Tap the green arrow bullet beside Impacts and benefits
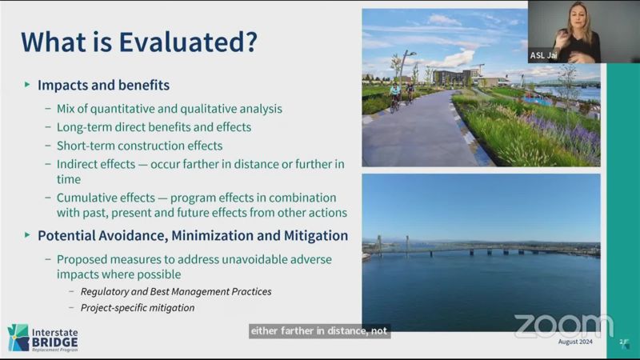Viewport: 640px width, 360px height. [27, 85]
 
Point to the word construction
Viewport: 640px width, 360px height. [151, 146]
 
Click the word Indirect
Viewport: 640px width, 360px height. [76, 164]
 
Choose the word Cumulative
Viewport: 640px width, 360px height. [84, 198]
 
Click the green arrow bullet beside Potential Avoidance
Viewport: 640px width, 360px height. [27, 235]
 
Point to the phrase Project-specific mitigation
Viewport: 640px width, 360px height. [138, 308]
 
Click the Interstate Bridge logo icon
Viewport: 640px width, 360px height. [18, 338]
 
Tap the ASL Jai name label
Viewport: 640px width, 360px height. [543, 55]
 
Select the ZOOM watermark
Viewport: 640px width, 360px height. [563, 326]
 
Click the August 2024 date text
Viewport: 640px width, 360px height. [575, 342]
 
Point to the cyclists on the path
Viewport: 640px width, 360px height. [402, 96]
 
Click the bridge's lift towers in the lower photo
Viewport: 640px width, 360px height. [393, 244]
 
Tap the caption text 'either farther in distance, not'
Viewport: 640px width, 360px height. [319, 330]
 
